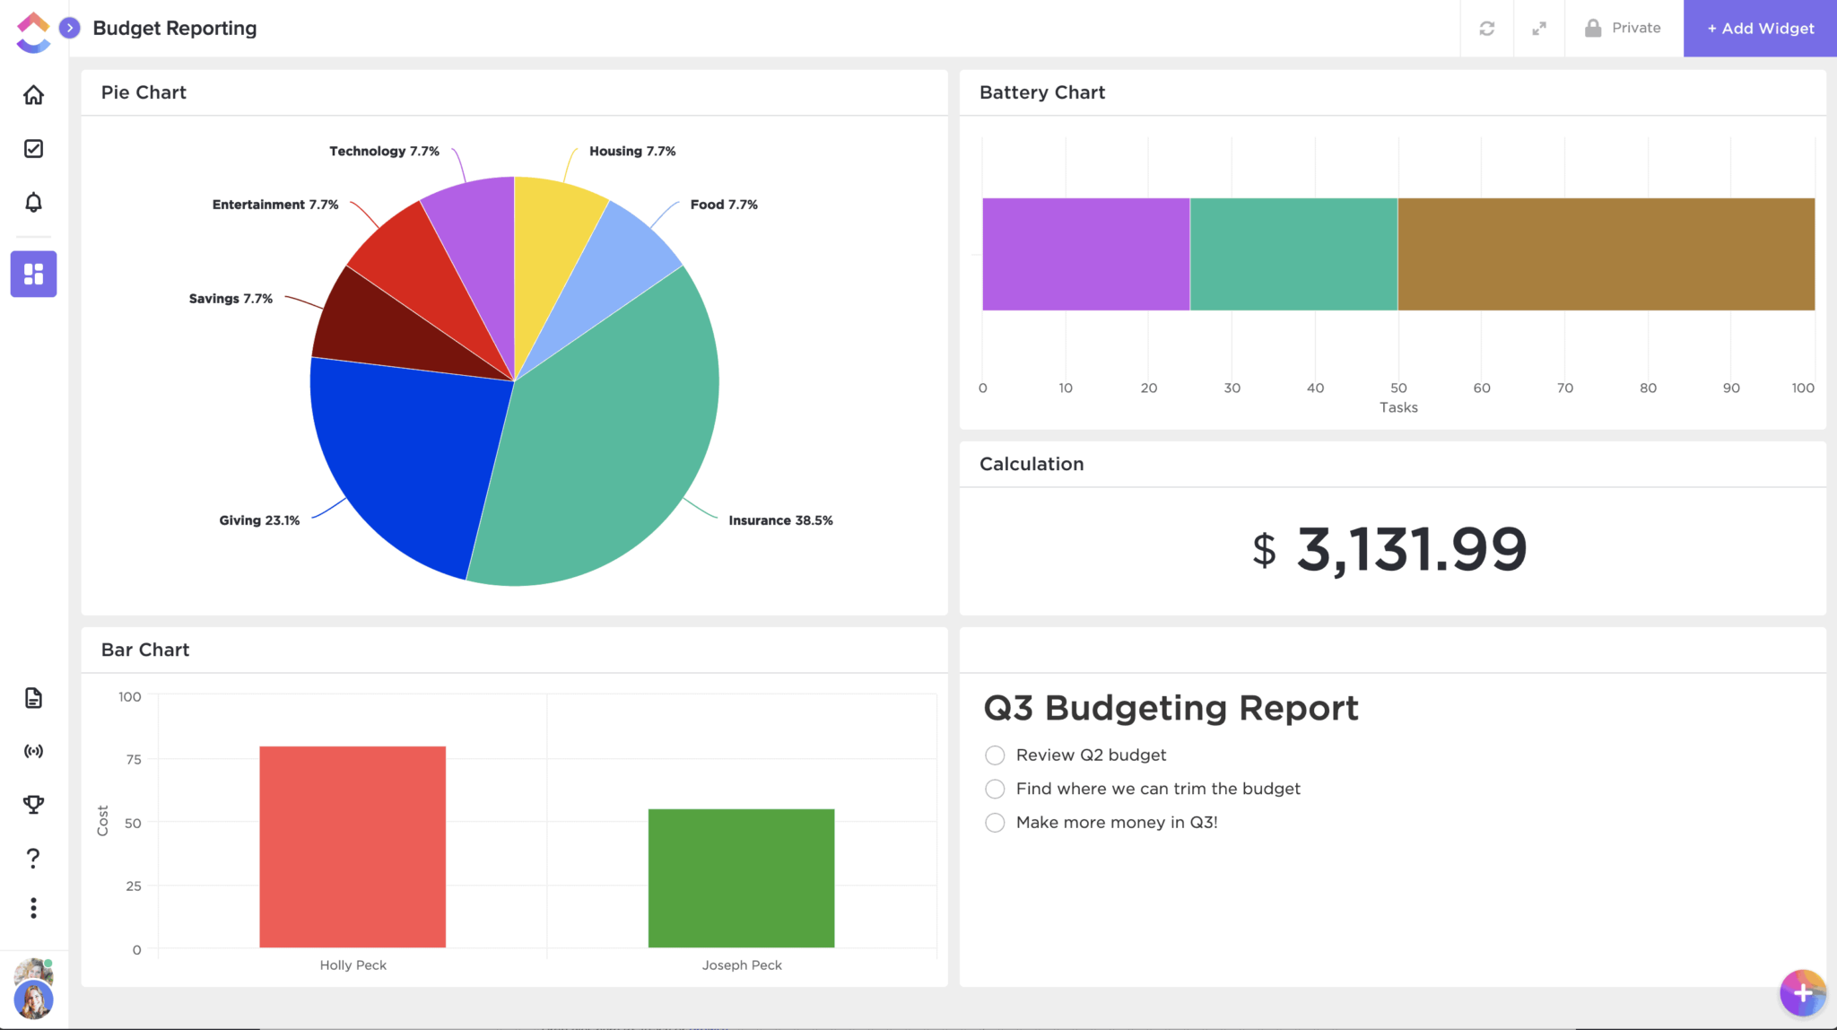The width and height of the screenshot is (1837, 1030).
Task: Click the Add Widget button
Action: click(x=1760, y=29)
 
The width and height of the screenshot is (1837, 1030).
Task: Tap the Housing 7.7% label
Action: click(x=632, y=152)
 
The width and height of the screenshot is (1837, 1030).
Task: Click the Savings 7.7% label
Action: click(x=231, y=299)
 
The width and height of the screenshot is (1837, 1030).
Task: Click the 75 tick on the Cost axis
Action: click(x=134, y=760)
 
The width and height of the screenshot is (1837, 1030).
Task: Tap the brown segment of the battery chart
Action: click(x=1606, y=255)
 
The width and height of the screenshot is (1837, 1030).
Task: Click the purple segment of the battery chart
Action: click(x=1085, y=255)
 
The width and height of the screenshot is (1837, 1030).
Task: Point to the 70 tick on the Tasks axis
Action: click(x=1564, y=388)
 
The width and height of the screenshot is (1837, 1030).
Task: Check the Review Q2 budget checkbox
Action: click(x=995, y=755)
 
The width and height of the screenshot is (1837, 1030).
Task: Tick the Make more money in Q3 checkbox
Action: click(x=995, y=823)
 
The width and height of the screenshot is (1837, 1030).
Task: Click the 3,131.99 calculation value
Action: click(x=1410, y=549)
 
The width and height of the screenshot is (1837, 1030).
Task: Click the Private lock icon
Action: click(x=1593, y=29)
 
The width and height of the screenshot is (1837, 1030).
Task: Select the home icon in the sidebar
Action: click(x=33, y=95)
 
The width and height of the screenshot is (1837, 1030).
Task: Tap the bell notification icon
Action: click(x=33, y=203)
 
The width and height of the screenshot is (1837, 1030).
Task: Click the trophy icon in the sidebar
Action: click(x=33, y=805)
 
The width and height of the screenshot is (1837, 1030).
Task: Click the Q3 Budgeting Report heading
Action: click(x=1171, y=709)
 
